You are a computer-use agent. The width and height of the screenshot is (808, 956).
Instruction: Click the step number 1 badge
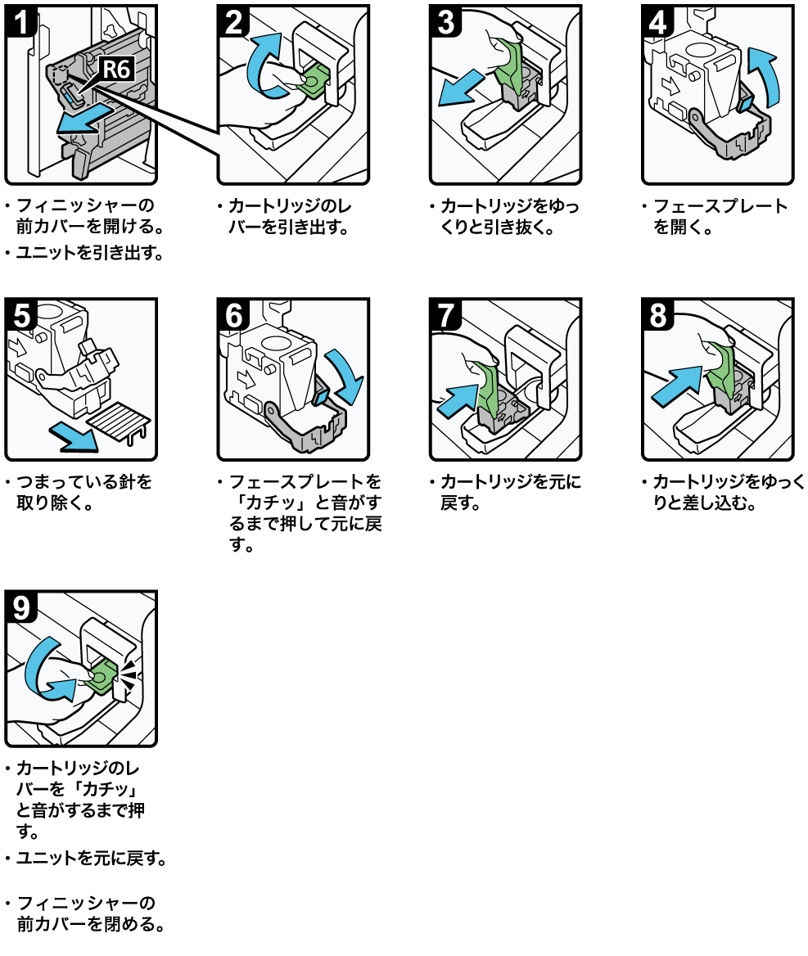21,20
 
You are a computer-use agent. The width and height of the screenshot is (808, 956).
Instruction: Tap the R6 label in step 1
115,69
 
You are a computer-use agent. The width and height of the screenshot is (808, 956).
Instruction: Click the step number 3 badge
445,20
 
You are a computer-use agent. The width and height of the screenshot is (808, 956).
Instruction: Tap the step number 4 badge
657,20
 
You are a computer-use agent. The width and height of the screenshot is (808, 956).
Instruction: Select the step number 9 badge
21,606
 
